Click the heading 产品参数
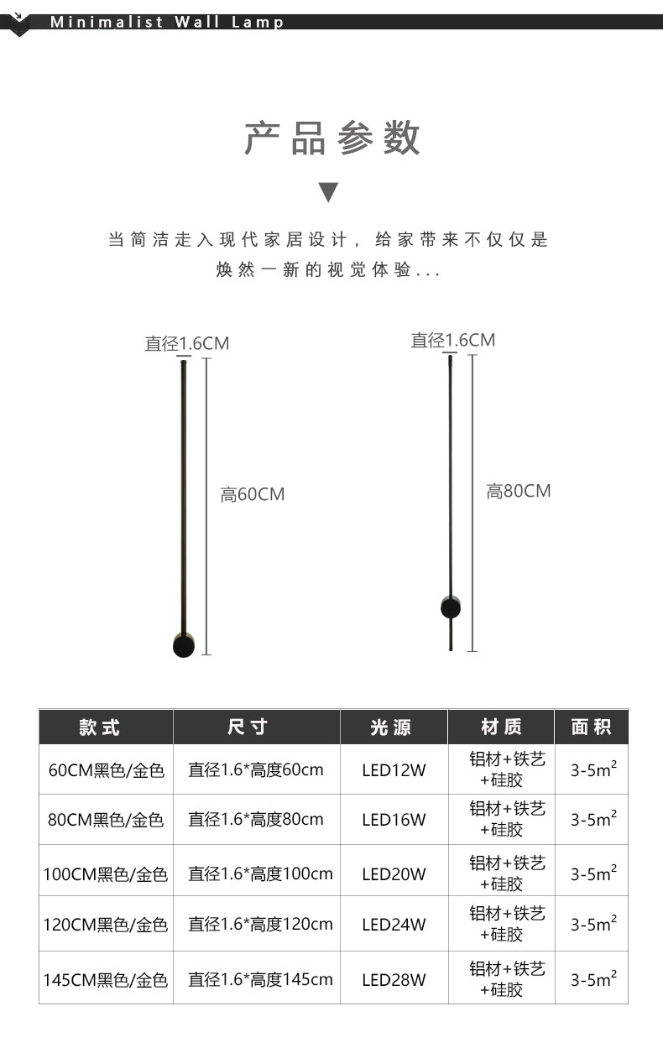click(331, 138)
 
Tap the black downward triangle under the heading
click(329, 192)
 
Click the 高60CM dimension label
click(253, 495)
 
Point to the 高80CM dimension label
click(519, 492)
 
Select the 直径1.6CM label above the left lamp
click(186, 344)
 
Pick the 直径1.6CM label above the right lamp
click(452, 341)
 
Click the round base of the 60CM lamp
click(183, 645)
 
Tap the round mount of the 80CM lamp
click(451, 607)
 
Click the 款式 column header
click(101, 727)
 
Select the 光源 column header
click(392, 727)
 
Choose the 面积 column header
click(592, 727)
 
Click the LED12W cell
click(394, 770)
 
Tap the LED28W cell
click(394, 979)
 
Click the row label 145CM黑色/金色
click(106, 979)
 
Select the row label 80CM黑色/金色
click(106, 820)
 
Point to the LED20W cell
click(394, 874)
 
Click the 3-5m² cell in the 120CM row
click(593, 924)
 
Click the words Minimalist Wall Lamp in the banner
click(167, 23)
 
